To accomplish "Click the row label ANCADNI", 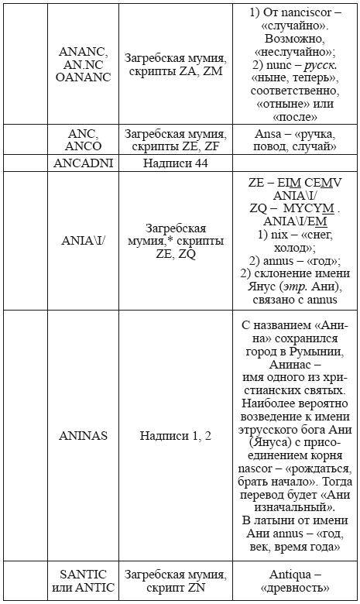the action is (83, 163).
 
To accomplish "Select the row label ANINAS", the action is (83, 435).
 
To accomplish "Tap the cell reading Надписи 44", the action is (176, 163).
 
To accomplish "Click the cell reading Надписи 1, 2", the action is (176, 435).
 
